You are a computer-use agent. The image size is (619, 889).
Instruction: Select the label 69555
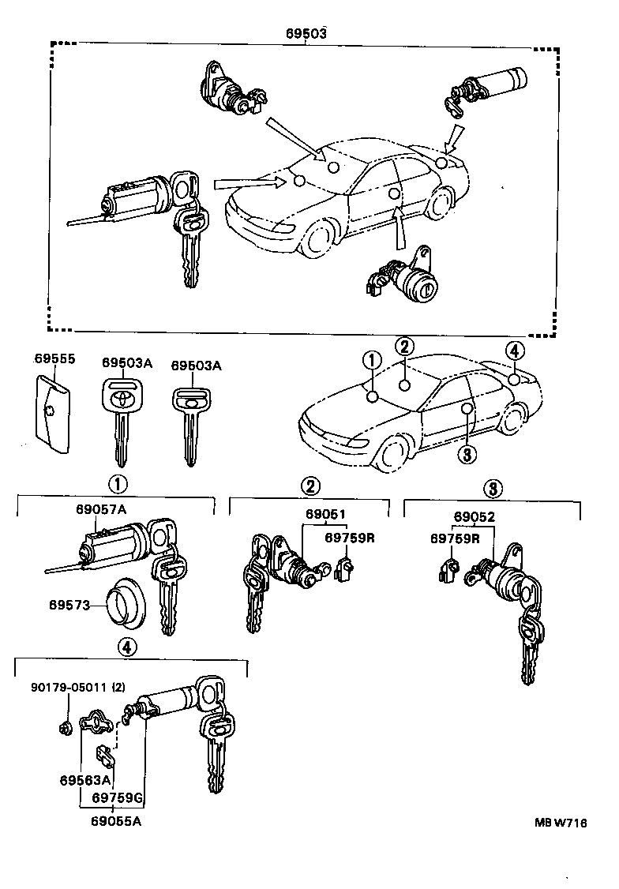click(54, 359)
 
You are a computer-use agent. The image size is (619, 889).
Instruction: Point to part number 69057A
click(101, 509)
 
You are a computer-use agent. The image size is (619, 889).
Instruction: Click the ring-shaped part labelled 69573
click(124, 606)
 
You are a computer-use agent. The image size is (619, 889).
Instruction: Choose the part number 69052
click(474, 517)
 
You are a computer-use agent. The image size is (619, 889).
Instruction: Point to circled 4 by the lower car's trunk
click(514, 351)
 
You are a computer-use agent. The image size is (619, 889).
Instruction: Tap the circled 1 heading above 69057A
click(117, 483)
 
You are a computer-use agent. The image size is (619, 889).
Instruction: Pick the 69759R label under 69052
click(456, 538)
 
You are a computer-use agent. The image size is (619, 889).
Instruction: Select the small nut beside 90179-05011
click(66, 724)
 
